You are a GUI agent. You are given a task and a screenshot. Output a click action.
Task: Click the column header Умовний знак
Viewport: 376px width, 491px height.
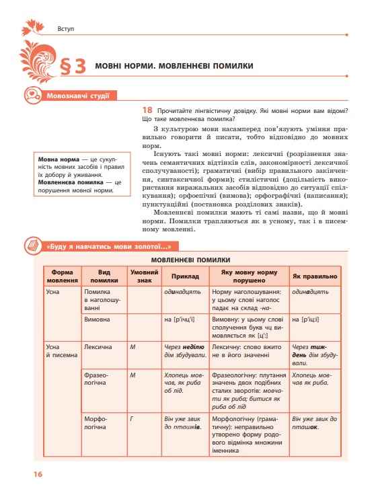143,276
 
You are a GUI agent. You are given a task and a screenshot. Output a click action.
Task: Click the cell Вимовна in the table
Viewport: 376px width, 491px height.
96,319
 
